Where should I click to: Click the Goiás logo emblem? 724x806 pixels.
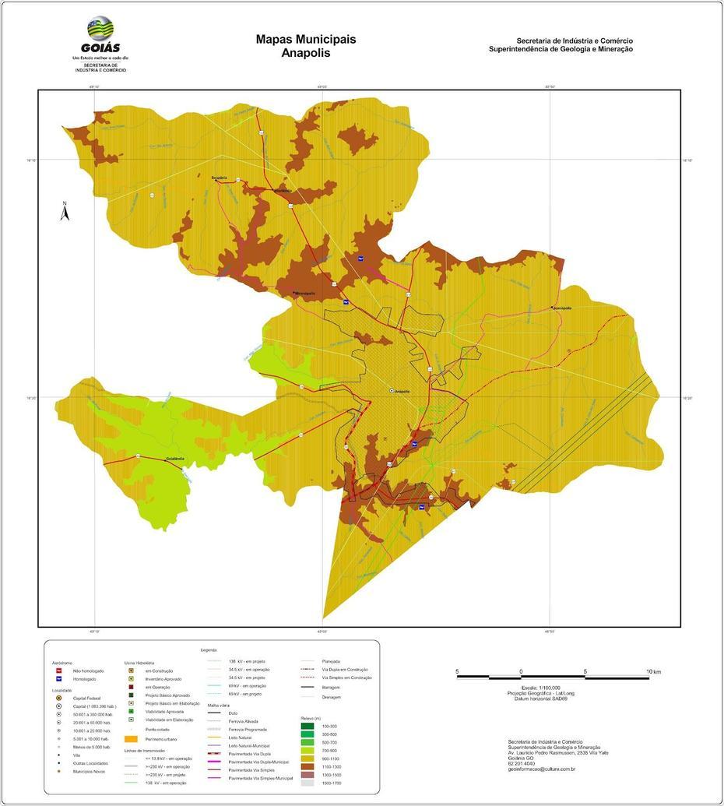point(100,29)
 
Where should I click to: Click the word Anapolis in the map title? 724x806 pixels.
point(306,54)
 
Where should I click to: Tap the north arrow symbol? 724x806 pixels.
point(65,211)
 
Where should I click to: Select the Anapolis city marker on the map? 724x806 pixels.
point(392,391)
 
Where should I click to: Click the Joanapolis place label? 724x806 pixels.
point(562,308)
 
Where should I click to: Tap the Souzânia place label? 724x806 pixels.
point(220,178)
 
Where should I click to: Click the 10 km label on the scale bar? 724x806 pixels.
point(653,671)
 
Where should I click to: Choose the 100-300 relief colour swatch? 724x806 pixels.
point(306,726)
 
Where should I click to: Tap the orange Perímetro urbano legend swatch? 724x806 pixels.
point(132,738)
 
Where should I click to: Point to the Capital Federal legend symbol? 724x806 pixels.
point(58,699)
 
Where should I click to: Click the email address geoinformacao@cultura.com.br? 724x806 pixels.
point(541,769)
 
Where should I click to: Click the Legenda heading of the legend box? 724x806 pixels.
point(209,649)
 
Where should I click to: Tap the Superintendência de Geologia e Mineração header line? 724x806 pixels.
point(561,49)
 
